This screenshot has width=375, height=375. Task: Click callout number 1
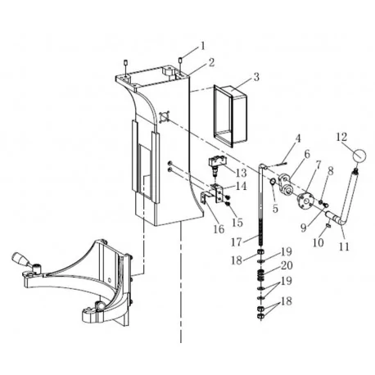204,46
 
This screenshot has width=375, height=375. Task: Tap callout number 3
256,78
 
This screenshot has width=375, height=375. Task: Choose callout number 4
298,138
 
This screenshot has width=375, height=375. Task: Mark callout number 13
241,174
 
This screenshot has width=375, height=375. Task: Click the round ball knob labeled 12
360,156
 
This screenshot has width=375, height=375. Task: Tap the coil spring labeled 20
263,270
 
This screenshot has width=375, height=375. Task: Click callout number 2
210,62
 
